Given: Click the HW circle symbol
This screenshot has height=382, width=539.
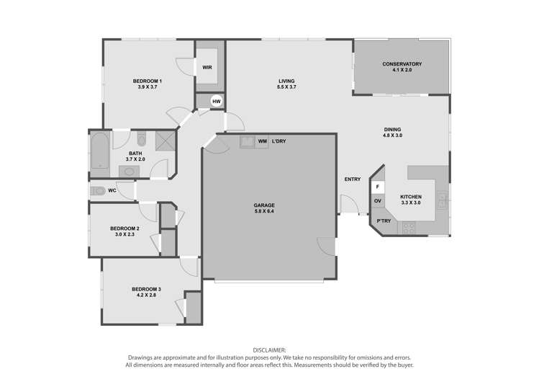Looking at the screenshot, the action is tap(216, 102).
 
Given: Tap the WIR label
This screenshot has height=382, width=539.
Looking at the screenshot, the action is tap(207, 68).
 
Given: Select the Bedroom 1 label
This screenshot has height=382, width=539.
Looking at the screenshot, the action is tap(148, 81).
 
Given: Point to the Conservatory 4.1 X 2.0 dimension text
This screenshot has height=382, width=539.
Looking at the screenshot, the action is tap(402, 70).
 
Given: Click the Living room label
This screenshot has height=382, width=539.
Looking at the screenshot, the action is tap(286, 81).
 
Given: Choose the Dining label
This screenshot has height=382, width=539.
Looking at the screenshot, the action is tap(392, 130).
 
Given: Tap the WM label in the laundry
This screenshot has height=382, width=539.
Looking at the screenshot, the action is tap(262, 141).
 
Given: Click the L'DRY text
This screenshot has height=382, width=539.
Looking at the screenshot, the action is tap(278, 141).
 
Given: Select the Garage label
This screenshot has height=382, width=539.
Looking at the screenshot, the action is tap(264, 205).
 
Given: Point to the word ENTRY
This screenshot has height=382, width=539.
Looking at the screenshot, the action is tap(353, 179).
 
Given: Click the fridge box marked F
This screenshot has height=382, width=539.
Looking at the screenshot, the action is tap(378, 187).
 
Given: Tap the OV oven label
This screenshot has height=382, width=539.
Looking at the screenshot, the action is tap(378, 200).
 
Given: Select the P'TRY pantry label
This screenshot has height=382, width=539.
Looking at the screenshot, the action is tap(384, 221).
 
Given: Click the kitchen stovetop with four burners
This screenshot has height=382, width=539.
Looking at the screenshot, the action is tap(409, 228).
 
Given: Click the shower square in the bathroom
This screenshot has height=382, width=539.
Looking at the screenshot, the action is tap(166, 141).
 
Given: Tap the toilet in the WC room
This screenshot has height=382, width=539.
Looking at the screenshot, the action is tap(99, 191).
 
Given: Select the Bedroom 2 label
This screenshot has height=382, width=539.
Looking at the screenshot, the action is tap(124, 228).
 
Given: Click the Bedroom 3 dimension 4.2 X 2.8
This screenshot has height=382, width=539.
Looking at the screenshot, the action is tap(146, 295).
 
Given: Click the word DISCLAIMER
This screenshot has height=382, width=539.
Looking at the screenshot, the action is tap(269, 350).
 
